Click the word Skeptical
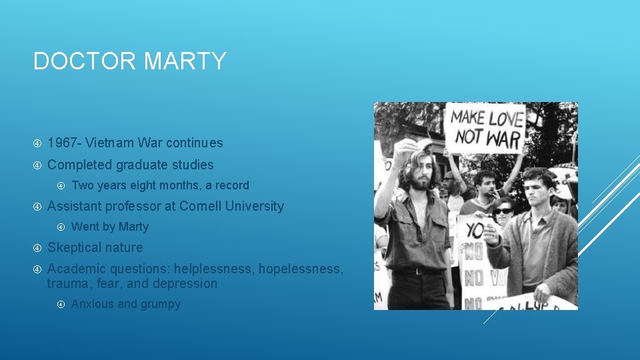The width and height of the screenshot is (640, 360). click(75, 247)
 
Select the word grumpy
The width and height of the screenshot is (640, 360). click(161, 304)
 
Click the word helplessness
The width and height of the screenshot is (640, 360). click(213, 269)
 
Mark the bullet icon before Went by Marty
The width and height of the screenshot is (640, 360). click(61, 227)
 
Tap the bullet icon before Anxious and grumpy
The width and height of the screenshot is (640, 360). click(61, 305)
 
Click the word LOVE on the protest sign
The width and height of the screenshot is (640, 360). click(505, 119)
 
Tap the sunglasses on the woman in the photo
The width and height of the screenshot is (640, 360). click(503, 211)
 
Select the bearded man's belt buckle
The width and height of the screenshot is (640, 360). click(417, 271)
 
